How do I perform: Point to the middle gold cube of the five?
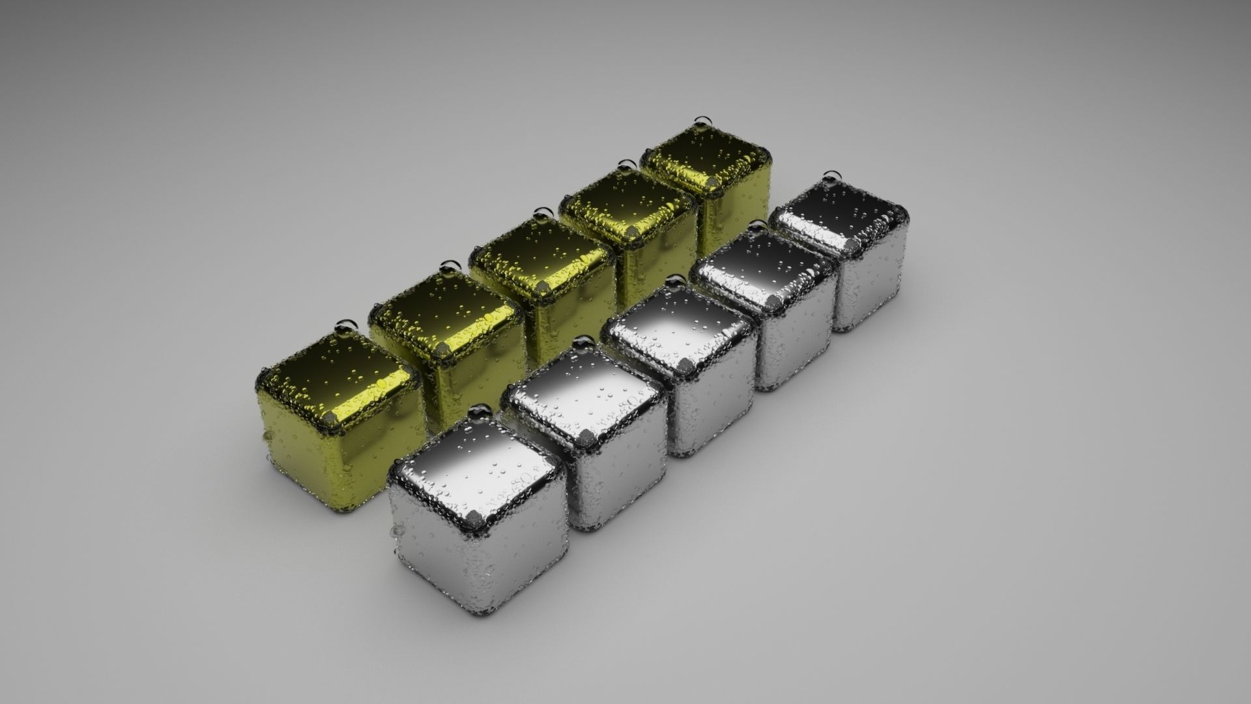(544, 287)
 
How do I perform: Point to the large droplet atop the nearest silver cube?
(481, 410)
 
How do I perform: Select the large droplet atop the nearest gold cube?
(346, 325)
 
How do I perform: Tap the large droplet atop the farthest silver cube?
(830, 176)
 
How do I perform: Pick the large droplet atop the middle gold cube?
(541, 213)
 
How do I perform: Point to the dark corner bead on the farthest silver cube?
(853, 246)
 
